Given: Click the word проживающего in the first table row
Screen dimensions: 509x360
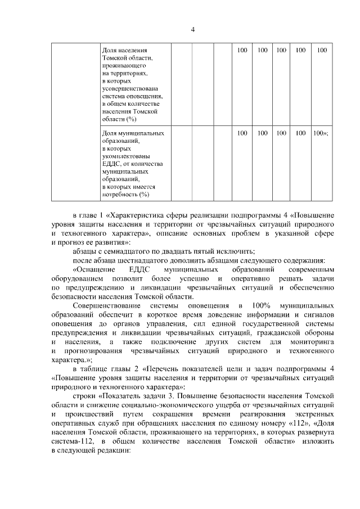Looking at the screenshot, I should click(x=120, y=66).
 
